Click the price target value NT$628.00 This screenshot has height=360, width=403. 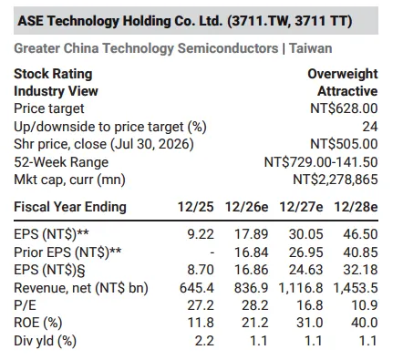[x=344, y=108]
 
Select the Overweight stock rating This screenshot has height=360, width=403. [x=343, y=74]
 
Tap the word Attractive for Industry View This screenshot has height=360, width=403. [x=347, y=91]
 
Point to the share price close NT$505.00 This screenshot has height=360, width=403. [x=344, y=144]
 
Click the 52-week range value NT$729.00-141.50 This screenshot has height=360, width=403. [x=321, y=162]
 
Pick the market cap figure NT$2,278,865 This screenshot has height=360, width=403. [x=336, y=180]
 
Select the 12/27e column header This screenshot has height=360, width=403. [x=301, y=207]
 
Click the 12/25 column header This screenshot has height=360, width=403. [x=196, y=207]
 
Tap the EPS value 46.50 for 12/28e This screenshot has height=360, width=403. [x=360, y=234]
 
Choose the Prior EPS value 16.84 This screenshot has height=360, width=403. [x=251, y=252]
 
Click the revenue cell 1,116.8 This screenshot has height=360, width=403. [x=301, y=288]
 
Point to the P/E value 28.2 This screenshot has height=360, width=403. [x=254, y=305]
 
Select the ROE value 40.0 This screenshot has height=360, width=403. [x=364, y=323]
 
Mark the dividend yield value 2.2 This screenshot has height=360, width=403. [x=204, y=341]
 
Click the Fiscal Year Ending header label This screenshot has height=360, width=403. [x=70, y=207]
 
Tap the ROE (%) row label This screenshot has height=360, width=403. [x=38, y=323]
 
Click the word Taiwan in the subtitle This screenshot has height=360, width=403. [x=310, y=48]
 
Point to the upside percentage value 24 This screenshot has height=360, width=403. [x=370, y=127]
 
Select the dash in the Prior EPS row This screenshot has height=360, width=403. [x=212, y=252]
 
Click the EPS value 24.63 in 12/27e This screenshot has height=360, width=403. [x=305, y=270]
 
